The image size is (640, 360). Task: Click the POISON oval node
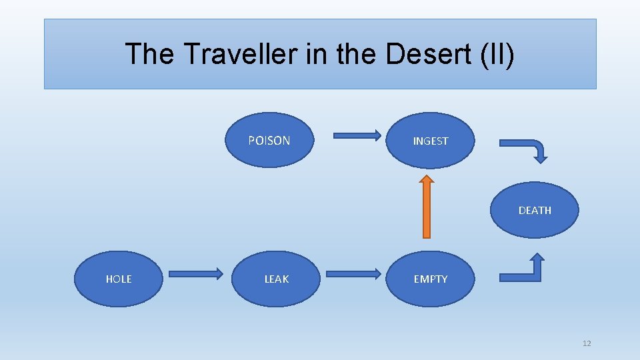[x=269, y=140]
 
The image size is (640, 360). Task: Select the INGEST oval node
[x=431, y=141]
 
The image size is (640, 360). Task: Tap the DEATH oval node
[x=535, y=210]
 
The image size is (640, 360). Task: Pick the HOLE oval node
[x=119, y=279]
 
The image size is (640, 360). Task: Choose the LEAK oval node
[x=277, y=279]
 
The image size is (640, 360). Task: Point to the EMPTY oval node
[x=431, y=279]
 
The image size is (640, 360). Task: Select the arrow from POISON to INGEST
[x=357, y=136]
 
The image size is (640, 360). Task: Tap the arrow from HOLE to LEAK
[x=195, y=273]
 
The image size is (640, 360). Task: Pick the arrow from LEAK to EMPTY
[x=353, y=273]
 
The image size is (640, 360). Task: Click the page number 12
[x=587, y=343]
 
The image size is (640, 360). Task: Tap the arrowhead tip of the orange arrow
[x=427, y=177]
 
